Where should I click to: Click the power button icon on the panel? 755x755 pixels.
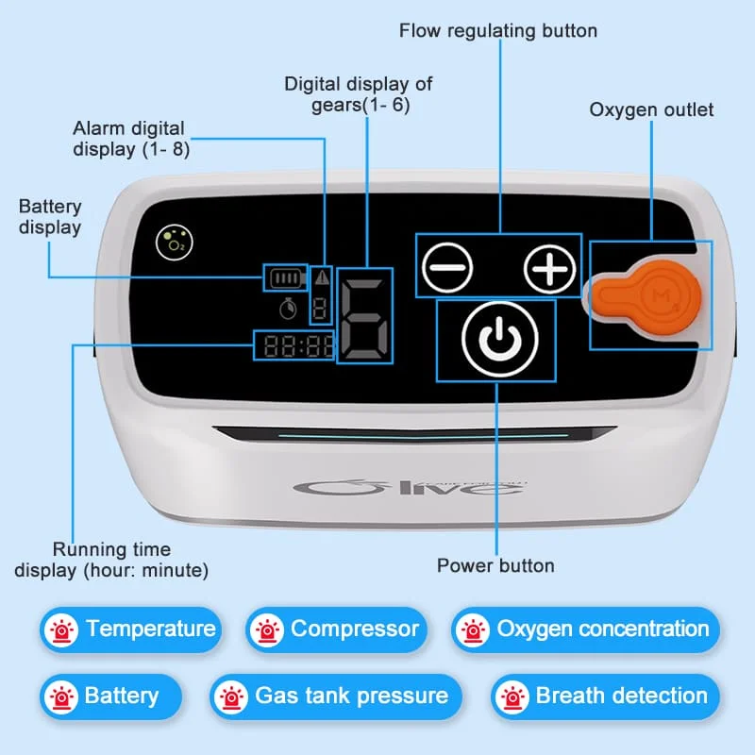(x=496, y=341)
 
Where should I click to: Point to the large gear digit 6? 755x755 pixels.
(x=363, y=321)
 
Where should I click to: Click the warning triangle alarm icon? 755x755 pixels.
(x=323, y=277)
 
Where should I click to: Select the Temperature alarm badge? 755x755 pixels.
(x=130, y=629)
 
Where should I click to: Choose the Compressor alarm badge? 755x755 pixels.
(x=336, y=629)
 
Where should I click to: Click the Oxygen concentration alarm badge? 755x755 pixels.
(x=585, y=629)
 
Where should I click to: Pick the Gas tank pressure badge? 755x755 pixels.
(x=335, y=696)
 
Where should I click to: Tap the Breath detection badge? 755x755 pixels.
(x=604, y=696)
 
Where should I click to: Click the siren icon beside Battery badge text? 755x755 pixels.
(x=63, y=696)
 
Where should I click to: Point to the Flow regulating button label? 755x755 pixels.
(x=498, y=30)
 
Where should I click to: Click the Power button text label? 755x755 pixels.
(x=495, y=566)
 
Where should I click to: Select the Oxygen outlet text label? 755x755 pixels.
(x=651, y=109)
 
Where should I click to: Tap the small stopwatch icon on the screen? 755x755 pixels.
(x=287, y=307)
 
